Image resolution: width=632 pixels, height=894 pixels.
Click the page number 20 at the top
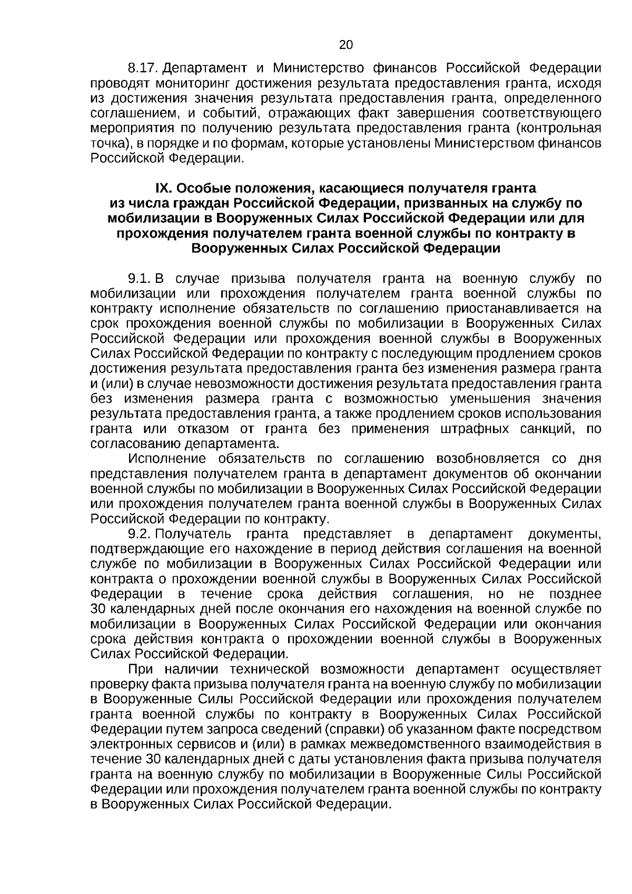point(346,45)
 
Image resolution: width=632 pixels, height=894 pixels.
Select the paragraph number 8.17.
point(143,68)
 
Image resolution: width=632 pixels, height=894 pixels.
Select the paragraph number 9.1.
point(140,278)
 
